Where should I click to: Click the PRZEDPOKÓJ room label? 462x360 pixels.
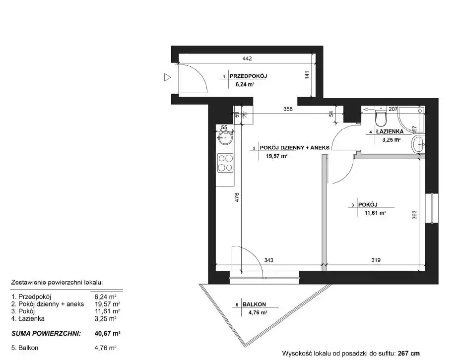248,76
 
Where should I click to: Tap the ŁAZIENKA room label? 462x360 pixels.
390,131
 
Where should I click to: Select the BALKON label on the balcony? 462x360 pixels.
254,304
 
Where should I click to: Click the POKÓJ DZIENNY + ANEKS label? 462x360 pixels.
294,147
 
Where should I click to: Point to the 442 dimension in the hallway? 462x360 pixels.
247,59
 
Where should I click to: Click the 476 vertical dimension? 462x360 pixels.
237,197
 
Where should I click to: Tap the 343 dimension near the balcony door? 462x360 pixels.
269,260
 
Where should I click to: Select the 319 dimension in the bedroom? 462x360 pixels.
376,260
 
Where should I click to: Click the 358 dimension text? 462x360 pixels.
288,109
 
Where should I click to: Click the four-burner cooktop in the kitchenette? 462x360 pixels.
225,163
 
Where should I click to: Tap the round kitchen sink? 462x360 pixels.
225,137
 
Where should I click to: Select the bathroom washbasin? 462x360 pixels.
418,144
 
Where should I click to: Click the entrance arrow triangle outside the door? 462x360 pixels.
167,77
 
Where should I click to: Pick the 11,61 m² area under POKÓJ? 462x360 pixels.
375,213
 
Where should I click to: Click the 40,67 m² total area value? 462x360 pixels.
107,334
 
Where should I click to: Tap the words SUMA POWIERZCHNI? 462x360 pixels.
46,334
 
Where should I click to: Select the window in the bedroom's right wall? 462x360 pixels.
432,208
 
